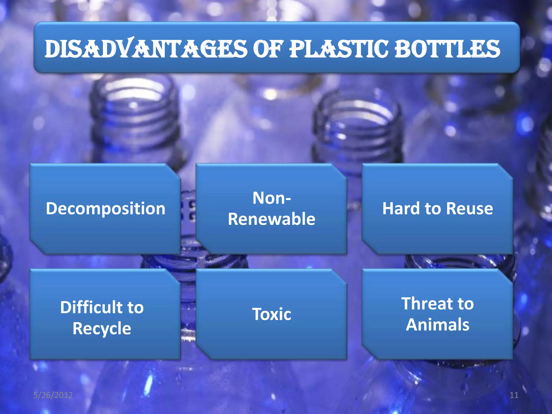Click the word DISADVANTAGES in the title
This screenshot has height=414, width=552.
click(x=146, y=49)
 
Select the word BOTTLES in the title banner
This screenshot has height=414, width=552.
click(x=447, y=49)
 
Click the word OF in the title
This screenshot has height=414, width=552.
click(x=268, y=49)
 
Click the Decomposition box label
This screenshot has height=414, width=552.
click(x=105, y=209)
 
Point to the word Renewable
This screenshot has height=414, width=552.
click(x=271, y=219)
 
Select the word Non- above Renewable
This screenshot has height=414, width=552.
click(x=271, y=198)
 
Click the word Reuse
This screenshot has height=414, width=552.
click(x=469, y=209)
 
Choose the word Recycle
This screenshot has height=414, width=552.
click(x=102, y=329)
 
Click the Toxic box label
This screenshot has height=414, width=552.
click(x=271, y=314)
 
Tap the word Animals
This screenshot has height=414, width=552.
click(x=437, y=325)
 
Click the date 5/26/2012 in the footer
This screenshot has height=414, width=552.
click(x=53, y=395)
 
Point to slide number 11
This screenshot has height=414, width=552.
click(x=514, y=395)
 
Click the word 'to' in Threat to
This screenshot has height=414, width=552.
click(x=465, y=304)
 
